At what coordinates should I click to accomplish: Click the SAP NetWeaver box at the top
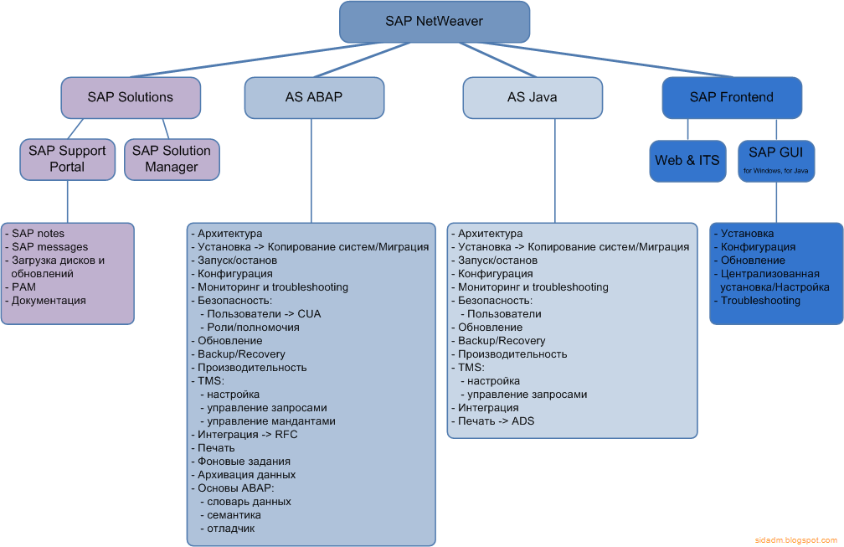point(434,22)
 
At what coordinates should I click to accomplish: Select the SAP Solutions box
point(131,97)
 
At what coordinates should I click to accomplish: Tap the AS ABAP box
point(314,97)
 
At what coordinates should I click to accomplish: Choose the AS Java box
point(533,97)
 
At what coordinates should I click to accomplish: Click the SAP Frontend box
point(731,97)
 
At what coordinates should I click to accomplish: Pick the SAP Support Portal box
point(67,159)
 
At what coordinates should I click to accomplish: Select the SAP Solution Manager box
point(172,159)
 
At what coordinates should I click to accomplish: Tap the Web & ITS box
point(687,160)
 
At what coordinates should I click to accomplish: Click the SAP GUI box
point(776,160)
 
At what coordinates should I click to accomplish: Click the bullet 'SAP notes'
point(38,234)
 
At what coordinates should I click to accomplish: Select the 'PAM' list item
point(23,287)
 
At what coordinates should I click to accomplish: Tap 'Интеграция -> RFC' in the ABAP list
point(247,435)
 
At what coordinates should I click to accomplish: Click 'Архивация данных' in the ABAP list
point(246,475)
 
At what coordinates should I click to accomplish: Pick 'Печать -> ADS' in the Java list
point(496,421)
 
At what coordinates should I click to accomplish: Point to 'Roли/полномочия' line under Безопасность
point(254,328)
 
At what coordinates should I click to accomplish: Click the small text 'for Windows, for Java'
point(776,171)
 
